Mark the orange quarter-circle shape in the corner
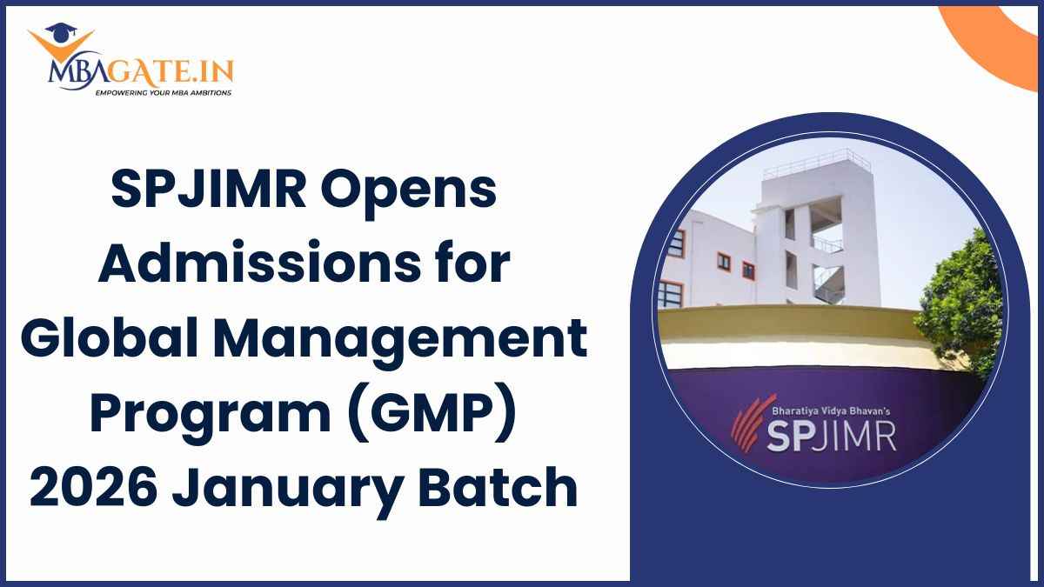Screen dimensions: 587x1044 (x=1005, y=39)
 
